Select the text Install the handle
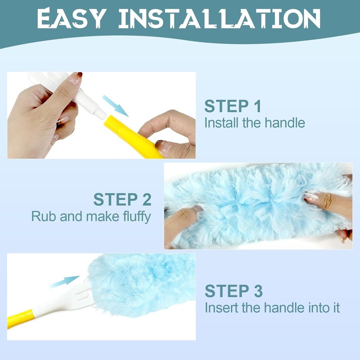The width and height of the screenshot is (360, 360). click(x=255, y=122)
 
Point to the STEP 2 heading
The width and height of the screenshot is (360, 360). click(x=122, y=199)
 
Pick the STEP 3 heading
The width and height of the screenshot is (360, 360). click(x=234, y=291)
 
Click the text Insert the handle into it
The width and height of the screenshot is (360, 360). click(x=272, y=308)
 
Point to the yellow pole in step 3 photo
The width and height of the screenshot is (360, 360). click(x=20, y=317)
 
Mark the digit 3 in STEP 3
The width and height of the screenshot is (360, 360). click(x=257, y=291)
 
